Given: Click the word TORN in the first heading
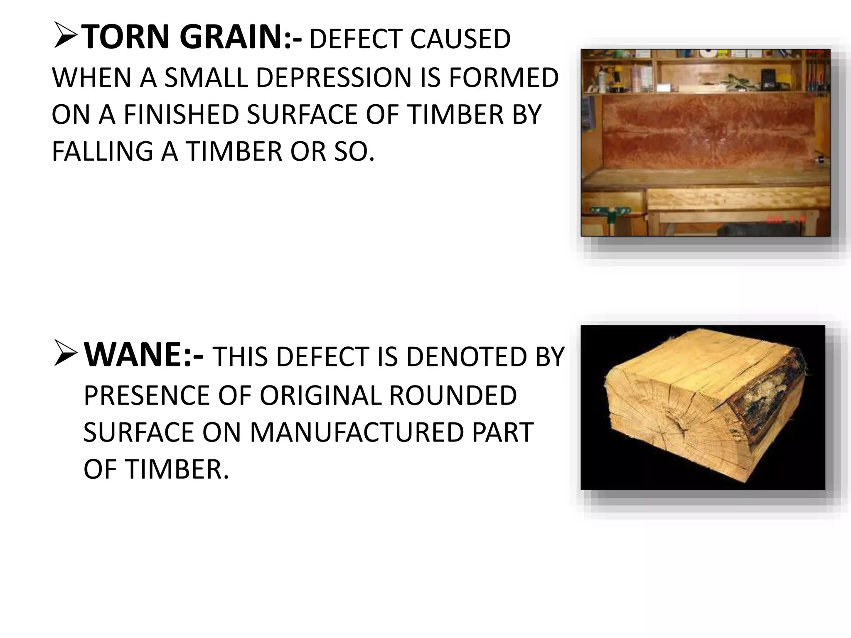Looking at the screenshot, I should pyautogui.click(x=127, y=37).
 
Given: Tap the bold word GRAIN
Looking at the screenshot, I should pyautogui.click(x=231, y=37).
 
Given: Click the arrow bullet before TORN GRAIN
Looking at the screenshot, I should pyautogui.click(x=65, y=37).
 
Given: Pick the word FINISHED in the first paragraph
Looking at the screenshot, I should pyautogui.click(x=181, y=115).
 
